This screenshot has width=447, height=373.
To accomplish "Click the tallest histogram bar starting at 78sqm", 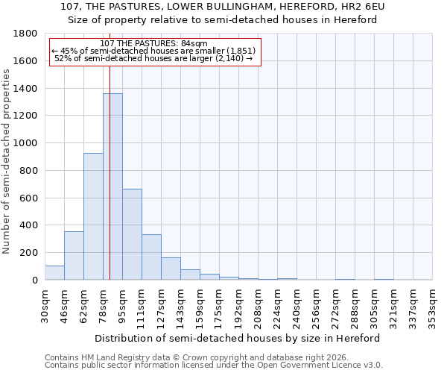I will coord(112,186).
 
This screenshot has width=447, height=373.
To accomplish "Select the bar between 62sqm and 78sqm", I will coord(93,216).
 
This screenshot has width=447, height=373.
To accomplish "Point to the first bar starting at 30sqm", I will coord(54,273).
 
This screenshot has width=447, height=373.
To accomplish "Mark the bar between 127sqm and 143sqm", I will coord(171,269).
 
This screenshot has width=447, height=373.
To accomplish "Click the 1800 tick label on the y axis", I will coord(26,34).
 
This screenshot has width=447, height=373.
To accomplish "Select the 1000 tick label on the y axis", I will coord(26,143).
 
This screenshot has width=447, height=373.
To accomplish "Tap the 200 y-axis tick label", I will coord(29,253).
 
